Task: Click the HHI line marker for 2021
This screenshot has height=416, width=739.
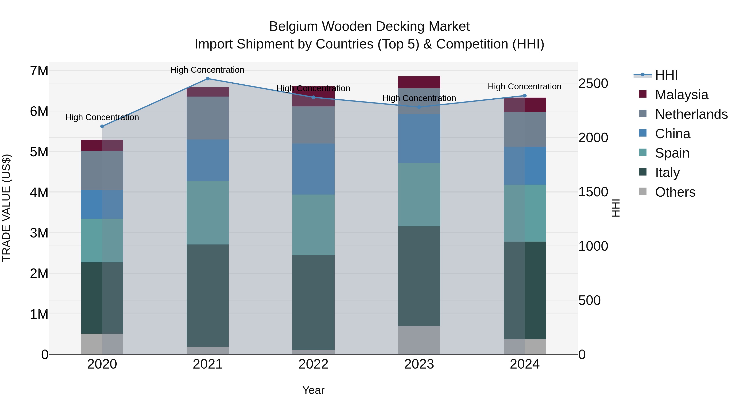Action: tap(208, 78)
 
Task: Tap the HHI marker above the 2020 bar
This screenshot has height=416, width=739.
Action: tap(102, 126)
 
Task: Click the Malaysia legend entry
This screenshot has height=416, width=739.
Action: tap(681, 95)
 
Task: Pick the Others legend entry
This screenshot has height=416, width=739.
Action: tap(675, 192)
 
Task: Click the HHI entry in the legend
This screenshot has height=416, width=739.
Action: tap(666, 75)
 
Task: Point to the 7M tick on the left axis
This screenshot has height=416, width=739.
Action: tap(39, 71)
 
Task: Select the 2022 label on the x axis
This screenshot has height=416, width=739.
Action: tap(313, 364)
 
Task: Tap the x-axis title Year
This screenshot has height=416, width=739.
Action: tap(313, 390)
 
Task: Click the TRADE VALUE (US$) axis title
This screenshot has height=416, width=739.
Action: tap(6, 208)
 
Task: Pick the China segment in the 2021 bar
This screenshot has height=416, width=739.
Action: tap(208, 160)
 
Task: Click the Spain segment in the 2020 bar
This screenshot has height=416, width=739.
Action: tap(102, 240)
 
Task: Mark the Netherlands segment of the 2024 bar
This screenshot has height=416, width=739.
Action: tap(525, 129)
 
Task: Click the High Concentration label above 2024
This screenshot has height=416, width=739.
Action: tap(524, 86)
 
